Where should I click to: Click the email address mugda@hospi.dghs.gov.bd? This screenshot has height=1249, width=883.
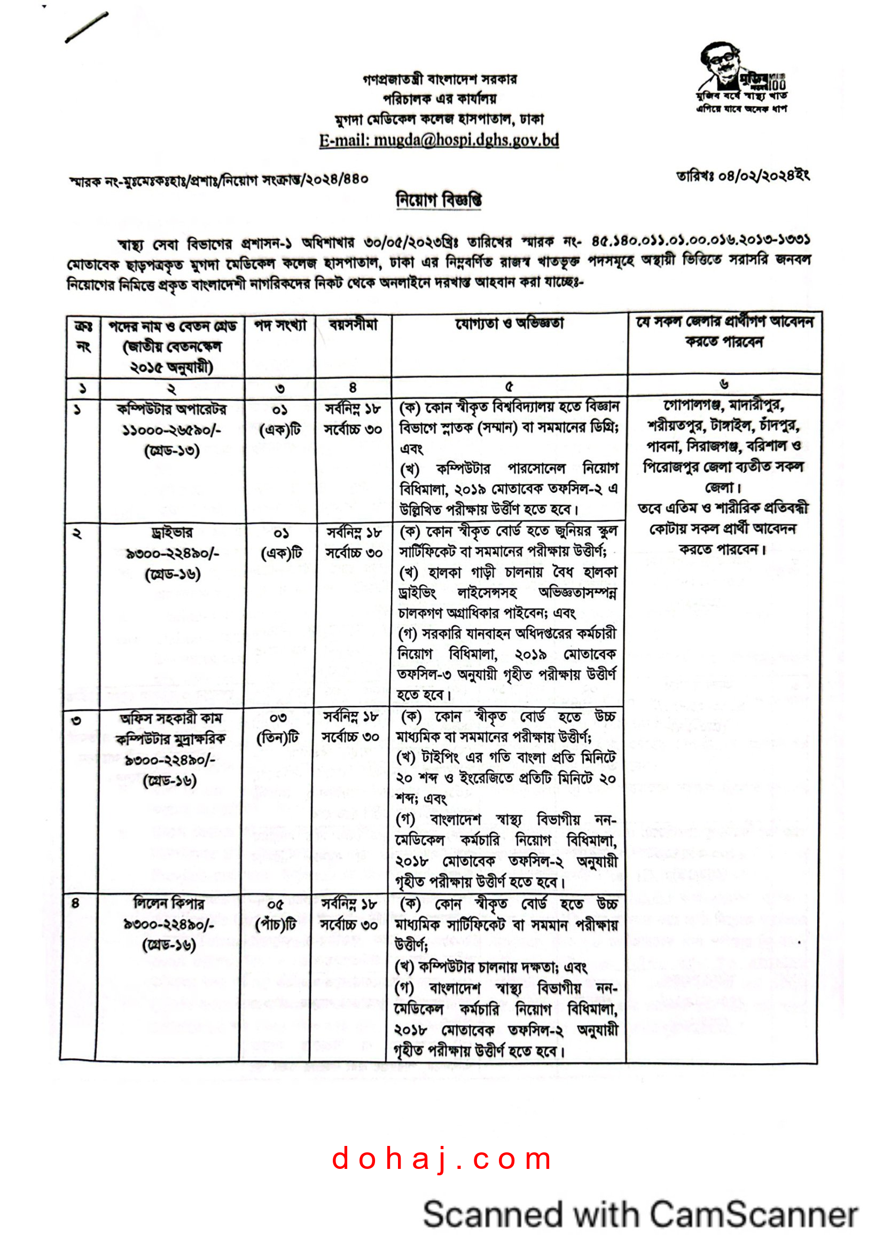point(439,140)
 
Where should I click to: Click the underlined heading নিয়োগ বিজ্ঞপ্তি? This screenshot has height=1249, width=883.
point(439,200)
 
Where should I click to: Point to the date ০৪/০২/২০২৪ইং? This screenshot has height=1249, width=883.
point(742,176)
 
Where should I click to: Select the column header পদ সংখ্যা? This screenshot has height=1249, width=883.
point(280,326)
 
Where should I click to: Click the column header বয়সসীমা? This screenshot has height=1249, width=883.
point(353,325)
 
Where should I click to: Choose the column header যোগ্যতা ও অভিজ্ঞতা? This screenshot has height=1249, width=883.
point(509,324)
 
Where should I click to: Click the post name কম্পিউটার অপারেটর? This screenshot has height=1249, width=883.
point(172,409)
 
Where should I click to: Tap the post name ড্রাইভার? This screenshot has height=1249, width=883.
point(172,532)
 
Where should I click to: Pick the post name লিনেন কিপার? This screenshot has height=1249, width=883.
point(169,904)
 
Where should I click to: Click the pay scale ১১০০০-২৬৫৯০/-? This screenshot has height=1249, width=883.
point(172,430)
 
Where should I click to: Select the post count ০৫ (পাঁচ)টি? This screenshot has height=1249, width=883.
point(275,914)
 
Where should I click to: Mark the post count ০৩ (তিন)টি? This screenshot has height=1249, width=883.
point(277,728)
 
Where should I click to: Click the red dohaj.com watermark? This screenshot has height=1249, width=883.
point(441,1159)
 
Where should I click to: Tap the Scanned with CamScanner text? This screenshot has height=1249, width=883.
point(640,1215)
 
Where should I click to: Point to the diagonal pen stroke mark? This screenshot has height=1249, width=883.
point(87,27)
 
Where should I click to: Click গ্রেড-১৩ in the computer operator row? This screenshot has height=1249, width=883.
point(172,451)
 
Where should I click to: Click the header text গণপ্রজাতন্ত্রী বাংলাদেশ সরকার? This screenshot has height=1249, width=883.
point(440,80)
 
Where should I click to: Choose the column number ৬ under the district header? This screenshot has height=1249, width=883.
point(724,384)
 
